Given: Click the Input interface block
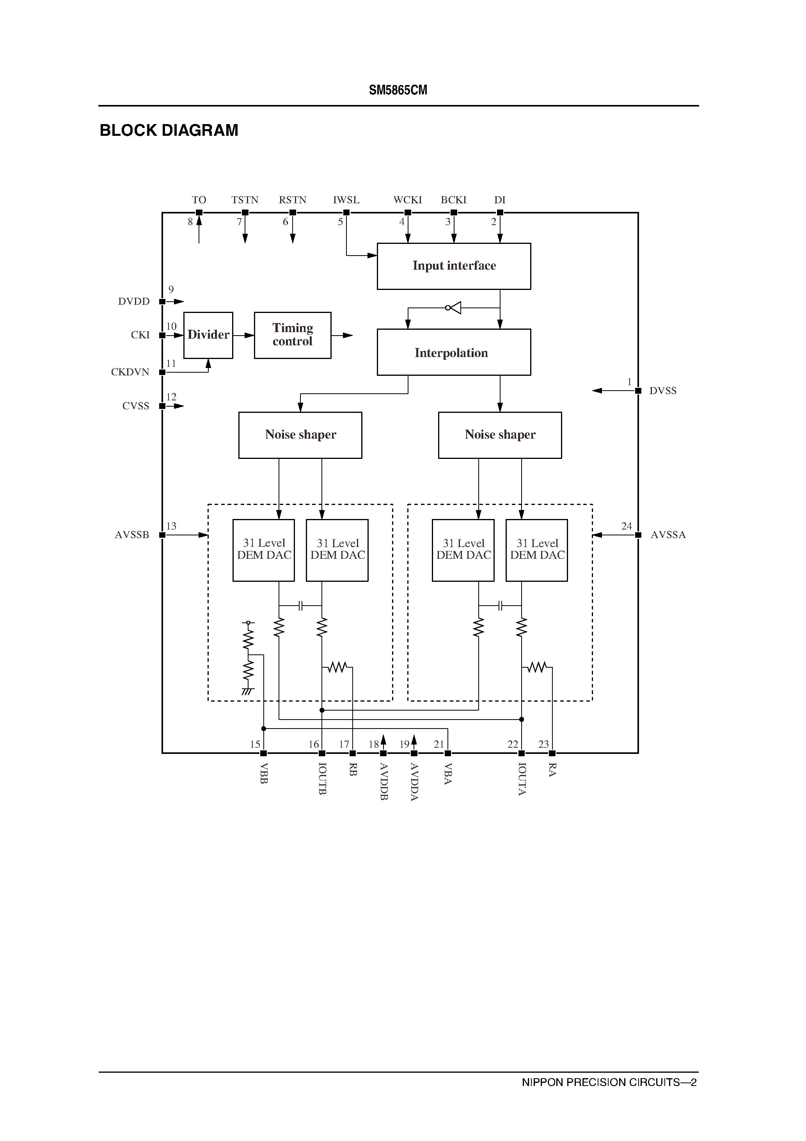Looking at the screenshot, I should click(x=454, y=266).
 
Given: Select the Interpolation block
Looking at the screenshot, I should click(x=454, y=352).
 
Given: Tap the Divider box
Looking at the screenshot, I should click(x=208, y=335).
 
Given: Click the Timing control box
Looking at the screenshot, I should click(x=292, y=335).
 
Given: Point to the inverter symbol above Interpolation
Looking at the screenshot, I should click(x=454, y=307).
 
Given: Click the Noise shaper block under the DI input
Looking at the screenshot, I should click(x=500, y=435).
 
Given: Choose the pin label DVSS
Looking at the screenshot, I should click(x=662, y=391).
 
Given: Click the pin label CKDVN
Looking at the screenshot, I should click(x=130, y=372).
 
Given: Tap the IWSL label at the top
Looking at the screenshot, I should click(x=346, y=200).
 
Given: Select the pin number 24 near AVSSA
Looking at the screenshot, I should click(x=626, y=526).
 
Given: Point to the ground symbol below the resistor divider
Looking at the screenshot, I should click(x=247, y=691).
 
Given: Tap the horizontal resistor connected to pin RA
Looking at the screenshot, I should click(x=537, y=667).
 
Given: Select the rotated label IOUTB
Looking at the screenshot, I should click(x=322, y=778).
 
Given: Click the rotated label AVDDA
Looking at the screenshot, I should click(x=414, y=781).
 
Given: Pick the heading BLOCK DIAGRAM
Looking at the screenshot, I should click(x=169, y=130).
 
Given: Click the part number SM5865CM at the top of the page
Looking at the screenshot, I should click(x=398, y=90).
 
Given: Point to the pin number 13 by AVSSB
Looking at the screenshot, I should click(x=171, y=526).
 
